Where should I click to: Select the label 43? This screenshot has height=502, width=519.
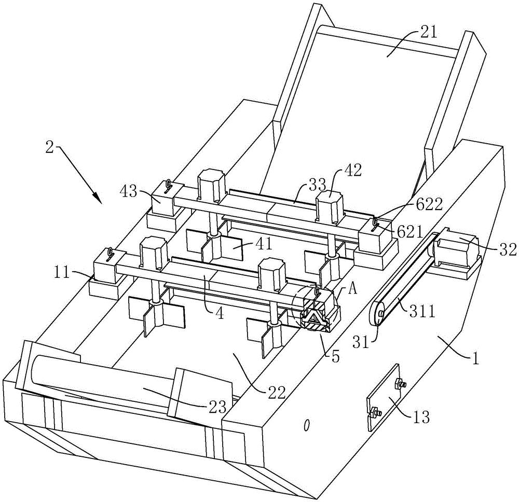click(129, 192)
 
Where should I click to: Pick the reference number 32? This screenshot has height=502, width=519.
click(507, 249)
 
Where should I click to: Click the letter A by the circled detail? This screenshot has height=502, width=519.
click(352, 290)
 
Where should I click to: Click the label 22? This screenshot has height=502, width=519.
click(276, 392)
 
